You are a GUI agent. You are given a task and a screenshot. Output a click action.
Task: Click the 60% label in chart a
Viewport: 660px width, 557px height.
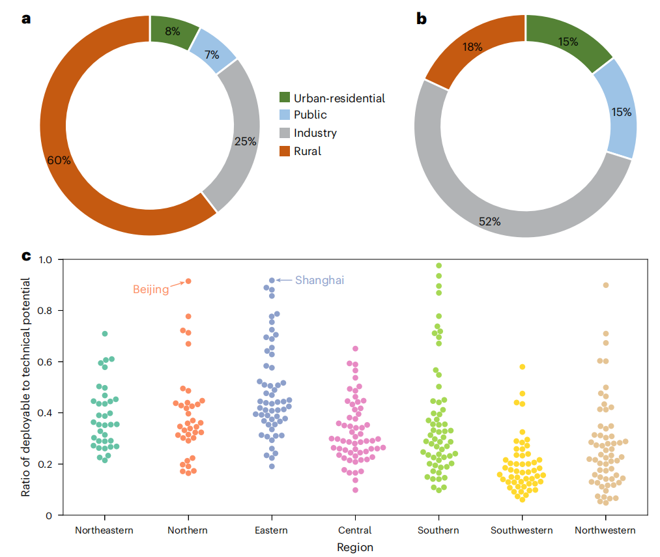pyautogui.click(x=58, y=160)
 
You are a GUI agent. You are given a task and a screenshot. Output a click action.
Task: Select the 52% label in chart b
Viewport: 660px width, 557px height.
pyautogui.click(x=489, y=221)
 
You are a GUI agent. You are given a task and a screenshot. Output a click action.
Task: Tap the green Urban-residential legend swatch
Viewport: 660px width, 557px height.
pyautogui.click(x=285, y=98)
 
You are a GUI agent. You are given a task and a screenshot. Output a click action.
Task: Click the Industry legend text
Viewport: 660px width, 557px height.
pyautogui.click(x=315, y=133)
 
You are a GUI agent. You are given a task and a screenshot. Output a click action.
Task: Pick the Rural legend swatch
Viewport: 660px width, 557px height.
pyautogui.click(x=285, y=151)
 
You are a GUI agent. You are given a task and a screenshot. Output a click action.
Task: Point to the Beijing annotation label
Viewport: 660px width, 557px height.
pyautogui.click(x=151, y=289)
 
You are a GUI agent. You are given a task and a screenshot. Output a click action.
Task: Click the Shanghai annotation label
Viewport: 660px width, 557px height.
pyautogui.click(x=319, y=280)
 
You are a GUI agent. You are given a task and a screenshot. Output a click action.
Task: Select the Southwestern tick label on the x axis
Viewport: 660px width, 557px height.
pyautogui.click(x=521, y=530)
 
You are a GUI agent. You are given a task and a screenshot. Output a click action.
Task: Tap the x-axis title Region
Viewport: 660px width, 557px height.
pyautogui.click(x=355, y=547)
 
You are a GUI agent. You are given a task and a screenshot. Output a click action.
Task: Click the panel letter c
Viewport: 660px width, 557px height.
pyautogui.click(x=27, y=255)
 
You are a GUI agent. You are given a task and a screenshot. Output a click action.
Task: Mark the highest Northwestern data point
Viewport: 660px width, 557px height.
pyautogui.click(x=606, y=285)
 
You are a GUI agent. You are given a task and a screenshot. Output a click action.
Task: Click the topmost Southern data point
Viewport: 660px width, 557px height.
pyautogui.click(x=439, y=266)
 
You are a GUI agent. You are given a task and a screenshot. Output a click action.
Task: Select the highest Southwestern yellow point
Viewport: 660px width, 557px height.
pyautogui.click(x=523, y=367)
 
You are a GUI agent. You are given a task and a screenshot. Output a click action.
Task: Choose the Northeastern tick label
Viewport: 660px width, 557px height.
pyautogui.click(x=104, y=530)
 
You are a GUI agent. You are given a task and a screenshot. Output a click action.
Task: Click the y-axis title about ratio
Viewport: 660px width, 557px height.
pyautogui.click(x=26, y=387)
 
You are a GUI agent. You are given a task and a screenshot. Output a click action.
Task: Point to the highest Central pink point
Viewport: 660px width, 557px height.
pyautogui.click(x=356, y=349)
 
